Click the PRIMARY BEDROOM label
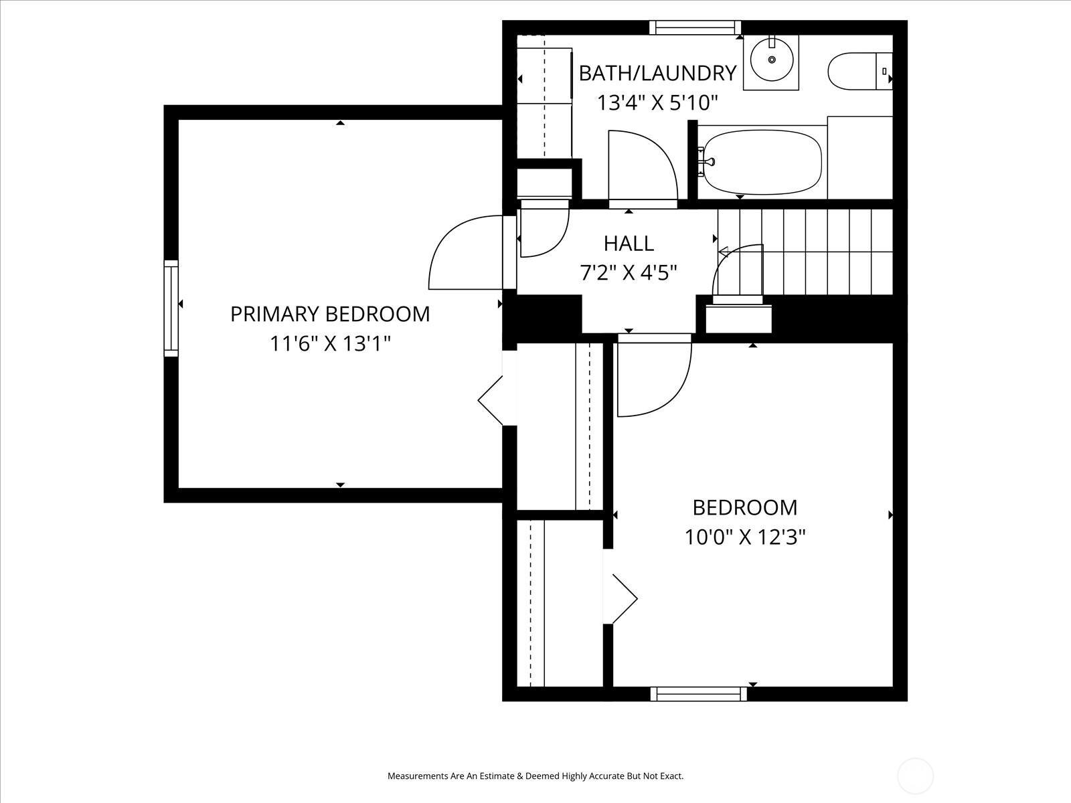330,314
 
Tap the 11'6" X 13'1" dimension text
330,344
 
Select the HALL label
629,244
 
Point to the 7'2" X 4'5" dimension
629,273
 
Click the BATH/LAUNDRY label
657,73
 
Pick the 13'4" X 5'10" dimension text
657,103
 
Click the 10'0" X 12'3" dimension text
744,537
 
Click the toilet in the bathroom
860,71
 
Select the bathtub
762,162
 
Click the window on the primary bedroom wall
171,308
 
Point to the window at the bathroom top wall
695,28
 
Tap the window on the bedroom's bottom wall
699,694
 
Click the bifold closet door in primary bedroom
490,400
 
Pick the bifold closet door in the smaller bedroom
625,599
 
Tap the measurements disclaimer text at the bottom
535,776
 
